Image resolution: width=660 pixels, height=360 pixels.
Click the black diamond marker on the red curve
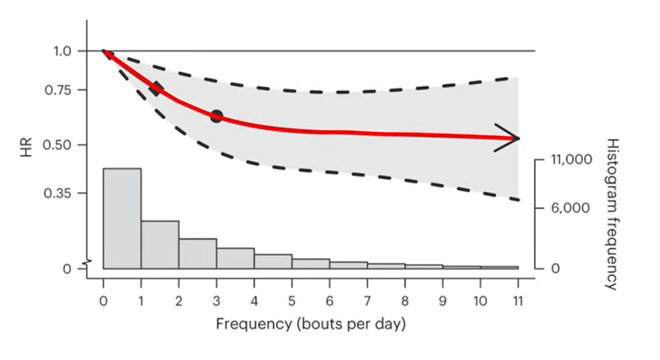pyautogui.click(x=157, y=88)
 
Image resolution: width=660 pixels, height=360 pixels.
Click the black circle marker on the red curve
pyautogui.click(x=216, y=116)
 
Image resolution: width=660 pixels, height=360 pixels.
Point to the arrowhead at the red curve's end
pyautogui.click(x=510, y=138)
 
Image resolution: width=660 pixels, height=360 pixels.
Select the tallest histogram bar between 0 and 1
pyautogui.click(x=122, y=218)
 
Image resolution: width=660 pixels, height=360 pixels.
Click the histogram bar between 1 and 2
pyautogui.click(x=160, y=244)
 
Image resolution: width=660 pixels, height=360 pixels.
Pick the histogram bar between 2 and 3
pyautogui.click(x=198, y=253)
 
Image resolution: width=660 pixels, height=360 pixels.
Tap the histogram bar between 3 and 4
pyautogui.click(x=235, y=258)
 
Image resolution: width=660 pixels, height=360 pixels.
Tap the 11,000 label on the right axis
pyautogui.click(x=571, y=160)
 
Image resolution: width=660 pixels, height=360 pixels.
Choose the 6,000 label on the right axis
pyautogui.click(x=569, y=208)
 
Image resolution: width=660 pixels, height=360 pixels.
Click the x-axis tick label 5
pyautogui.click(x=292, y=301)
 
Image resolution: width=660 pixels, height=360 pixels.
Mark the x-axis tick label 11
pyautogui.click(x=517, y=301)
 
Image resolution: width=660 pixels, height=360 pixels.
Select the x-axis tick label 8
pyautogui.click(x=405, y=301)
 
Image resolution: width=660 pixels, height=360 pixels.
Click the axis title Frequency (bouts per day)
pyautogui.click(x=310, y=324)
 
